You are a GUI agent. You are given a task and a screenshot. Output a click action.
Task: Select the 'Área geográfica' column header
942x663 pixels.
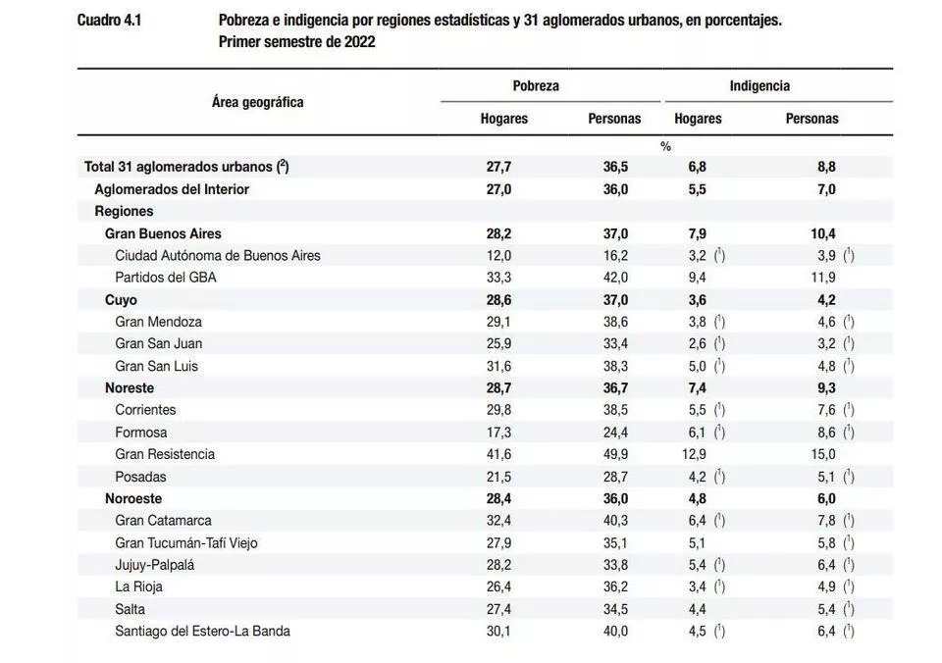click(x=257, y=102)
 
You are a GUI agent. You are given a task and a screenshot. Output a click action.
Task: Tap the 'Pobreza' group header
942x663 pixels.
click(x=536, y=86)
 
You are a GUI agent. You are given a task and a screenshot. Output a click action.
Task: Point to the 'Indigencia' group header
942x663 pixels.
click(x=759, y=86)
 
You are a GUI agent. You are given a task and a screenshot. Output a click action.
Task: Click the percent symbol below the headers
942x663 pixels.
click(x=666, y=146)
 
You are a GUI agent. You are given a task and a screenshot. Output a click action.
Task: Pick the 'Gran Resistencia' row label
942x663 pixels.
click(x=165, y=454)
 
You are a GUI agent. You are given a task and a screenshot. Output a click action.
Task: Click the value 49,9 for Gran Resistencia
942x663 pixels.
click(x=615, y=454)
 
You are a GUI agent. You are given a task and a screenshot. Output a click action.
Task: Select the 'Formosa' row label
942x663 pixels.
click(x=141, y=432)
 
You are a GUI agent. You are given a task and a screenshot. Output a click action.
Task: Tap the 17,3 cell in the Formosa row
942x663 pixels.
click(x=499, y=432)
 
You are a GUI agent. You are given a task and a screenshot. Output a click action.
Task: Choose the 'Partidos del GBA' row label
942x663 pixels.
click(x=166, y=278)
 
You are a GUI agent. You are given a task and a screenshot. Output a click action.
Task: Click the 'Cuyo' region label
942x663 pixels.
click(x=121, y=300)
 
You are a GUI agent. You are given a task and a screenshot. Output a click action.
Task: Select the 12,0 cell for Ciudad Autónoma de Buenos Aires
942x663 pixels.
click(x=499, y=255)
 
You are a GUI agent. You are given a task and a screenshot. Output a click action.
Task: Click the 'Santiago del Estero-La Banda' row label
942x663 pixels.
click(x=203, y=631)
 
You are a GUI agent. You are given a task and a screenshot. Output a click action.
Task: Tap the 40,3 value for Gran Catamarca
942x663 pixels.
click(x=615, y=520)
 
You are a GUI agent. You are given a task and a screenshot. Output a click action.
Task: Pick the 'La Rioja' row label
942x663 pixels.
click(x=139, y=586)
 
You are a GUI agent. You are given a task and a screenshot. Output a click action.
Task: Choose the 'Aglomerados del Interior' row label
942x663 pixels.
click(x=172, y=189)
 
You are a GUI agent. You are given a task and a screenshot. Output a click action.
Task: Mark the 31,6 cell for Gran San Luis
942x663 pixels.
click(x=499, y=366)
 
